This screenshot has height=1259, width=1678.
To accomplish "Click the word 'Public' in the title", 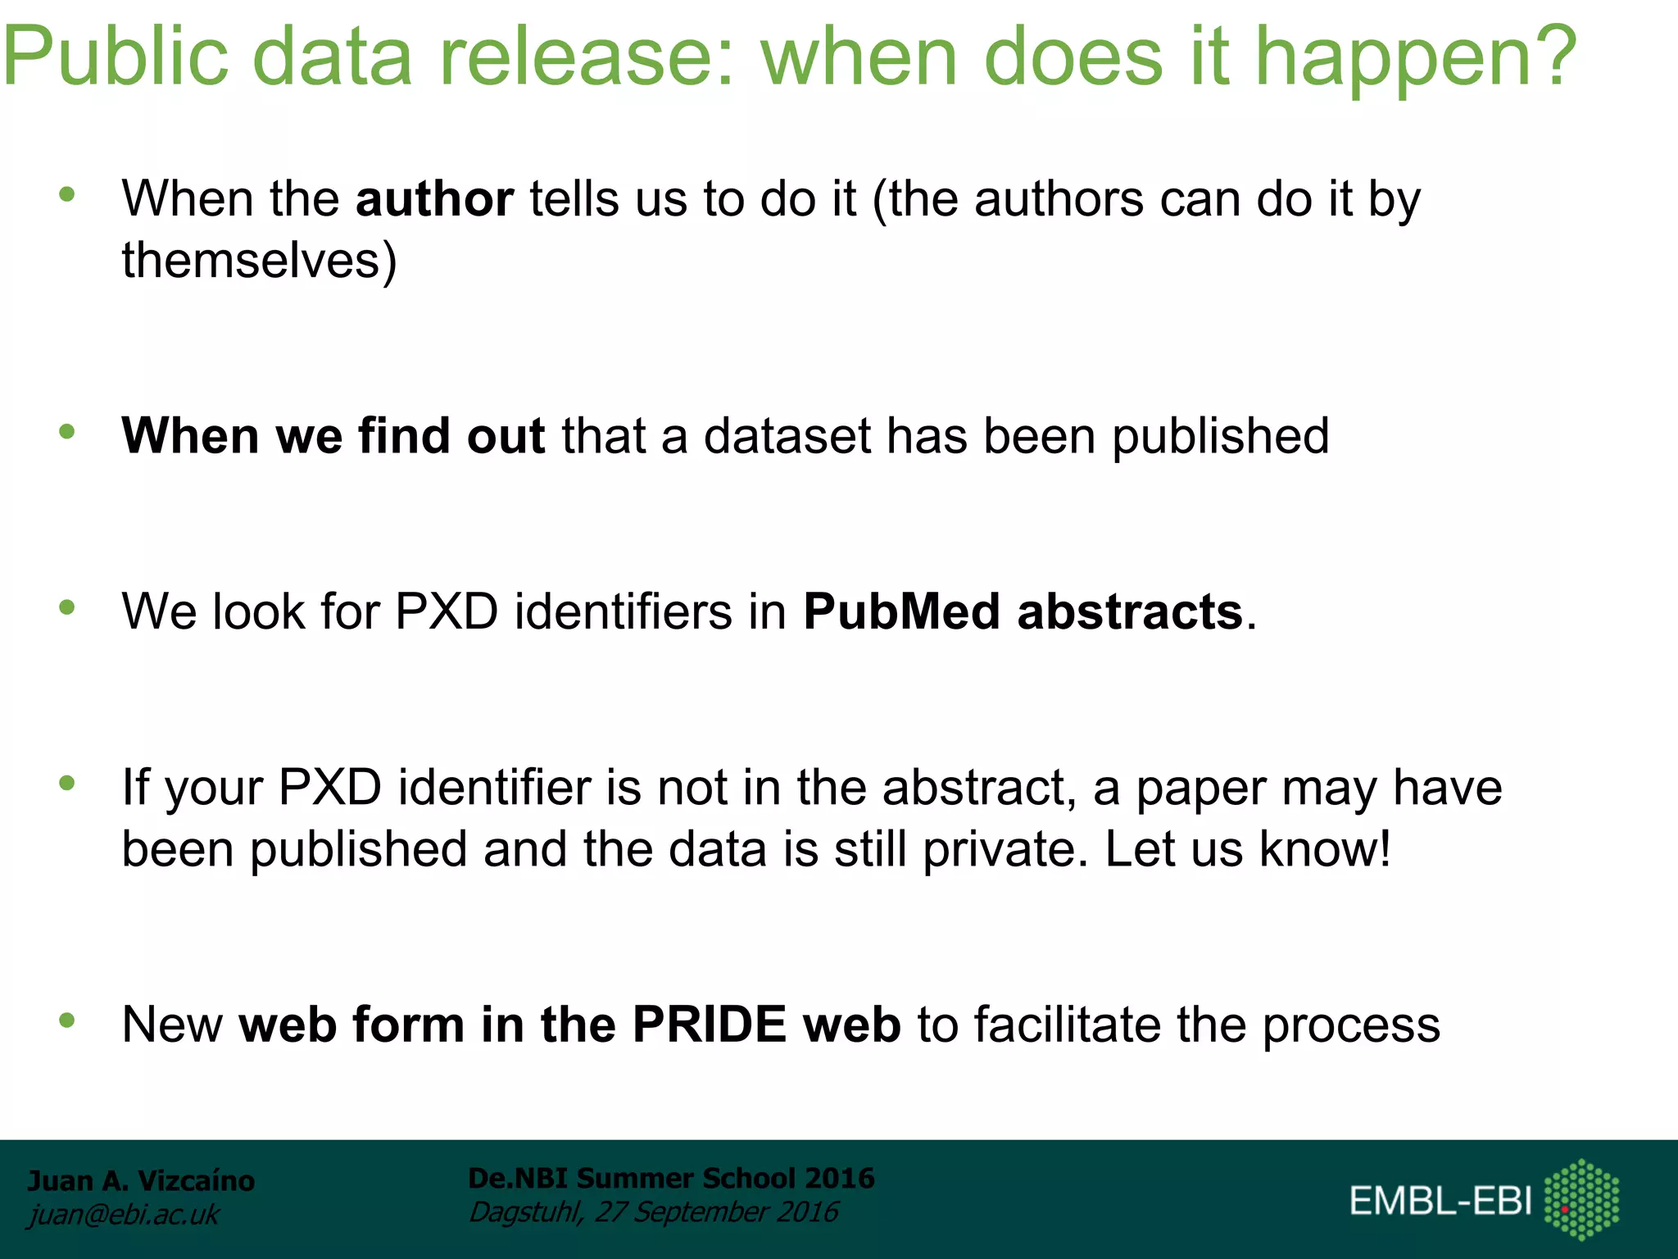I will click(x=115, y=56).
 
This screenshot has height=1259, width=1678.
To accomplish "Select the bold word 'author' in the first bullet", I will click(x=434, y=199).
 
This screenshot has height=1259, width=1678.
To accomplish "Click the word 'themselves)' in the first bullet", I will click(x=259, y=261).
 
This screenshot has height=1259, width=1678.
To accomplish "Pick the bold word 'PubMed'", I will click(x=901, y=611).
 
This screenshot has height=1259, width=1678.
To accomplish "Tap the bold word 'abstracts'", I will click(x=1130, y=611).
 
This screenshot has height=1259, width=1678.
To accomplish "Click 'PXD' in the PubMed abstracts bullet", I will click(x=447, y=611).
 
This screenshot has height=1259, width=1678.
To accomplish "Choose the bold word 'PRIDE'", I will click(x=710, y=1025).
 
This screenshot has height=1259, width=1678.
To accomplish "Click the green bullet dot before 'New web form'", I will click(x=67, y=1020).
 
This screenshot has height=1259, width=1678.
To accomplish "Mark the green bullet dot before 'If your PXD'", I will click(x=67, y=784).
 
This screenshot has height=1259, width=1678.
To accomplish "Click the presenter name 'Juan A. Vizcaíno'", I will click(x=141, y=1180).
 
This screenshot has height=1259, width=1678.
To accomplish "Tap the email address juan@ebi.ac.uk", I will click(x=124, y=1215).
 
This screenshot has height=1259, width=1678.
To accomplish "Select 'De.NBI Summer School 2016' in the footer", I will click(x=671, y=1178).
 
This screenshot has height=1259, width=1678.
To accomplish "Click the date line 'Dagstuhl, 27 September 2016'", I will click(x=653, y=1211).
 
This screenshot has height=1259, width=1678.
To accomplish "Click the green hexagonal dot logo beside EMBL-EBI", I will click(x=1581, y=1199).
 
